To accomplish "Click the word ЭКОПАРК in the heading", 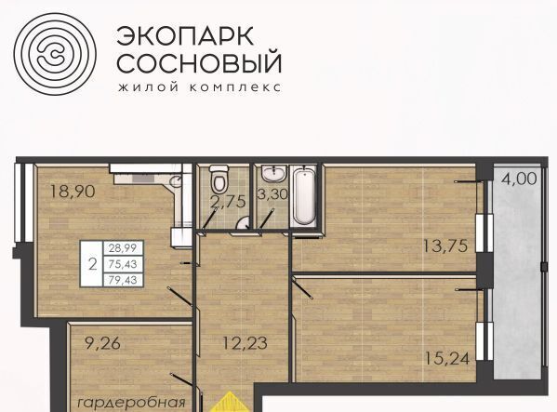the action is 185,36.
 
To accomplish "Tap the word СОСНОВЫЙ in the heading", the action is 199,62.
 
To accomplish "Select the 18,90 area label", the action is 73,192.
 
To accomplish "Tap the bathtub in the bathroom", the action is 304,196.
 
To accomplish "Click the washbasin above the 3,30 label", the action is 272,174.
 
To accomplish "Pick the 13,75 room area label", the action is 445,246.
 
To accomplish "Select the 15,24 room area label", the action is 447,358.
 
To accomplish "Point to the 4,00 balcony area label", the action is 519,179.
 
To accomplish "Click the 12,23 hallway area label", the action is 245,343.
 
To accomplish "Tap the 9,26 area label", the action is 102,343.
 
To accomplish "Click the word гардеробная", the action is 131,403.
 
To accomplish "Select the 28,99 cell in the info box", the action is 123,248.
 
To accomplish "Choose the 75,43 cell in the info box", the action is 123,264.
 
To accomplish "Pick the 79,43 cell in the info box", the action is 123,280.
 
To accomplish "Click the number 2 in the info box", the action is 92,264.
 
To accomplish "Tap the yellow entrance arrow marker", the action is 231,402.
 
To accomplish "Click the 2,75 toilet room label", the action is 228,202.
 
